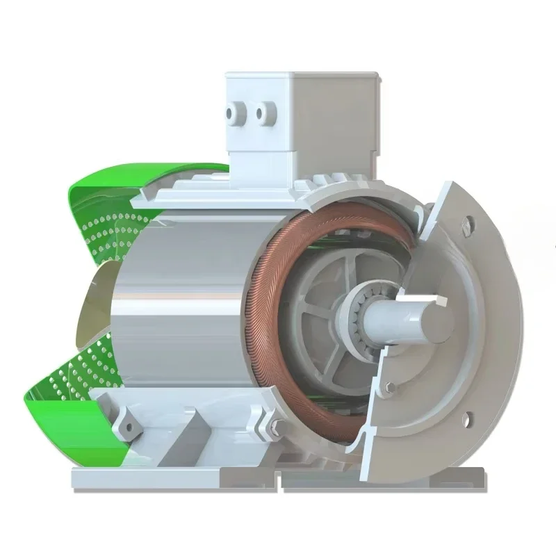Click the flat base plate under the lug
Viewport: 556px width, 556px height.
coord(139,477)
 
